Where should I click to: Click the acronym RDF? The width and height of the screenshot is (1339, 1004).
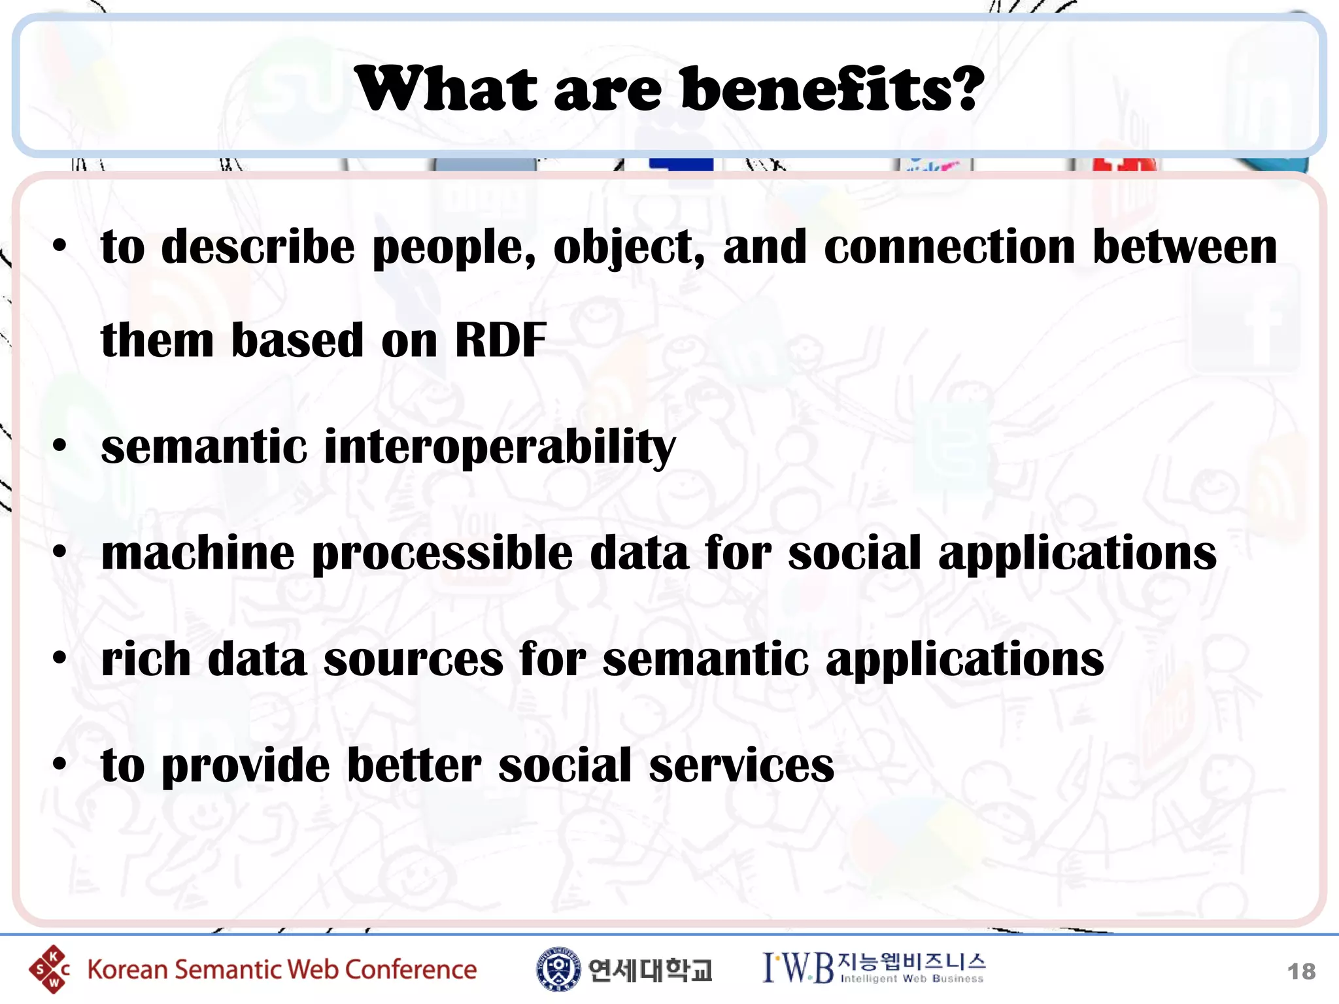500,341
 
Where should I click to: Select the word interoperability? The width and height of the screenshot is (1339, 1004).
500,448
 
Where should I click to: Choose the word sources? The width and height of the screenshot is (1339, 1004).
413,659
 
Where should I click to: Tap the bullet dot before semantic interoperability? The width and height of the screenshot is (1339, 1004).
60,446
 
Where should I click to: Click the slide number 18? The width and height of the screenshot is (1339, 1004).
1300,971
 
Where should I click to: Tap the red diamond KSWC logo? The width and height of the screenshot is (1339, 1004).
48,969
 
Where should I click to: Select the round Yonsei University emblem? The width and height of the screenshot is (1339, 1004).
558,969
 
